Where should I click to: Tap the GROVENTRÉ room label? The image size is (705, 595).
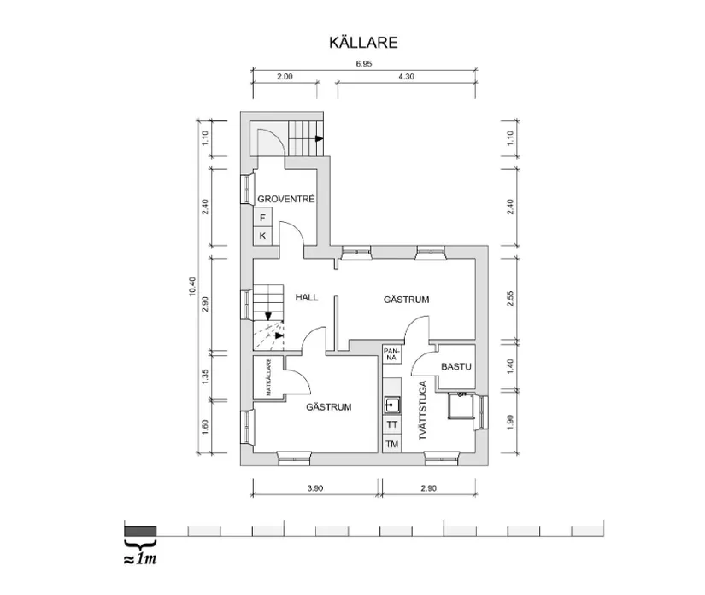click(x=287, y=199)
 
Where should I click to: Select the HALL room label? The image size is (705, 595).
click(x=307, y=297)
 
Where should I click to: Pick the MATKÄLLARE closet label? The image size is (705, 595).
click(x=268, y=378)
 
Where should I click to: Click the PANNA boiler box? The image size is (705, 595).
click(x=391, y=353)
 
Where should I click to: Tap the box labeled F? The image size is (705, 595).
click(x=263, y=219)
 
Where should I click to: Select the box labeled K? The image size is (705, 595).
click(x=263, y=236)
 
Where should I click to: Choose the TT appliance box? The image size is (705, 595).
click(x=392, y=424)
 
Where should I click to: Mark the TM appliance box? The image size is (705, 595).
click(x=392, y=444)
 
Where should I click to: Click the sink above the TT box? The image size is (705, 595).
click(x=392, y=404)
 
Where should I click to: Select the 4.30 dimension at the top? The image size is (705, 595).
click(x=406, y=76)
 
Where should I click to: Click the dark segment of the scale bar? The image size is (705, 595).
click(x=139, y=529)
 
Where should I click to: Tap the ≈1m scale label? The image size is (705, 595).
click(x=140, y=560)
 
